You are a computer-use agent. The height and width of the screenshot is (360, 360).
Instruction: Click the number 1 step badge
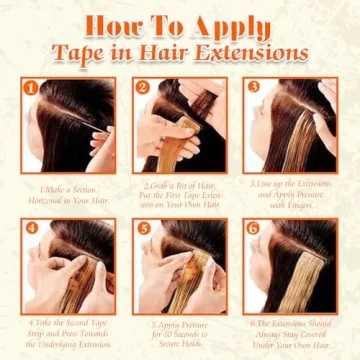point(31,88)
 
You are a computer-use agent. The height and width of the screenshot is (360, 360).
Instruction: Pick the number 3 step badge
point(252,88)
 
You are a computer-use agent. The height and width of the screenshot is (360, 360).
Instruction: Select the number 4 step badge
point(31,226)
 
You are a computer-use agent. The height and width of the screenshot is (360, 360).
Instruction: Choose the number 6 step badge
point(252,226)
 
